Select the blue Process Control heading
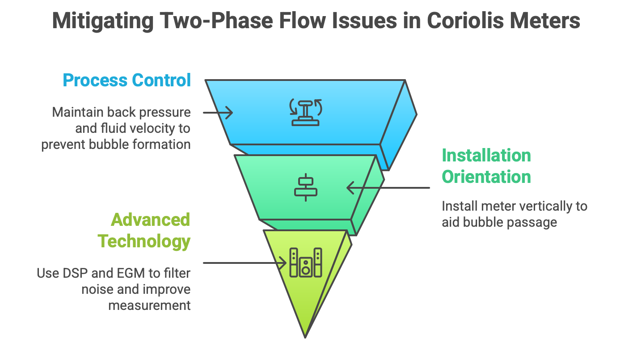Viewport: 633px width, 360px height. [127, 80]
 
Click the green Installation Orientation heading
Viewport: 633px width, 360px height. [486, 166]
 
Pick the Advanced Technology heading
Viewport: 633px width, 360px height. [144, 230]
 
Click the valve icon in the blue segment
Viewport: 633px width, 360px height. [306, 112]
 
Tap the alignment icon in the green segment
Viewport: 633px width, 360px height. [306, 187]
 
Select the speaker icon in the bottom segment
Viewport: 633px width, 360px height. [306, 263]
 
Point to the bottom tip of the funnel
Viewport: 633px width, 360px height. [305, 335]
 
